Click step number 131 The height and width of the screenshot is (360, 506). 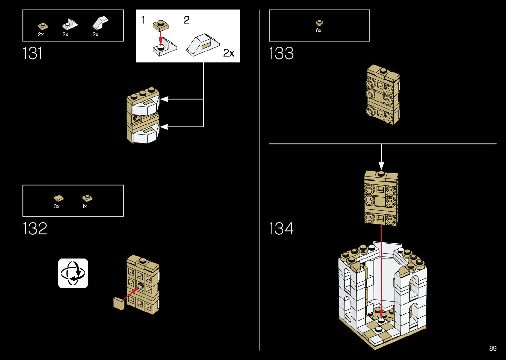point(32,53)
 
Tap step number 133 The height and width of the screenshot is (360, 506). point(281,53)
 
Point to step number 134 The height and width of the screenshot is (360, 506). point(281,228)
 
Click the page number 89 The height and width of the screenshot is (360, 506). point(493,348)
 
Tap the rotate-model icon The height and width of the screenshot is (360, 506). point(73,273)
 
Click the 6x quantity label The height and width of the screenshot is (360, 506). point(319,30)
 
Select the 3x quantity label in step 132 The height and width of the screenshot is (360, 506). point(57,206)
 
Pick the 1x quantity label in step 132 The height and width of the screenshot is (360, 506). point(85,206)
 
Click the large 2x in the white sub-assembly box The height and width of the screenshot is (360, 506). point(229,53)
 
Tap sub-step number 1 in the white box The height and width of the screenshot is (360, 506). point(143,20)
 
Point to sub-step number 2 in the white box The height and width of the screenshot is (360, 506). point(187,20)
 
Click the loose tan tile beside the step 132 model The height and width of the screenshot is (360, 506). point(119,304)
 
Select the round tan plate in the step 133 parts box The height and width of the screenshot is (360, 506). point(319,22)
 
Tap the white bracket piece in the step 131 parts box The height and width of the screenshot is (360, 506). point(70,24)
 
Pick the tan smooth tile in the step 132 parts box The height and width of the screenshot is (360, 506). point(58,198)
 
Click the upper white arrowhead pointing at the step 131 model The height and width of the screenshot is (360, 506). point(164,99)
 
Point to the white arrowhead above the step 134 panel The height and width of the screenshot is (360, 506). point(381,166)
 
